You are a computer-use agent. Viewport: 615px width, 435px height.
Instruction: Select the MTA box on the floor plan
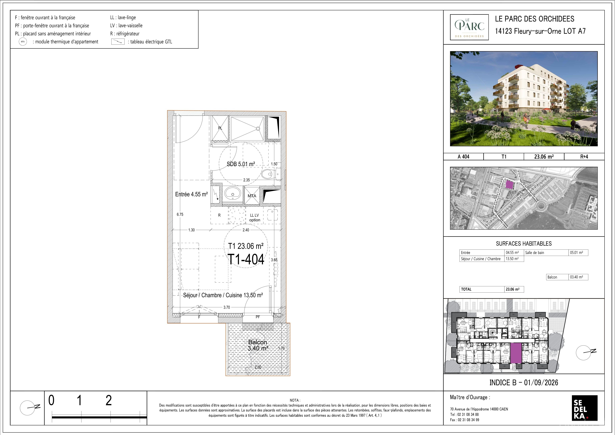(x=252, y=196)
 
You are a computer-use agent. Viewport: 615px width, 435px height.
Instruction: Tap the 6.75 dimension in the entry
(x=180, y=214)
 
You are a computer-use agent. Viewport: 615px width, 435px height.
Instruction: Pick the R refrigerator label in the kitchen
(x=219, y=215)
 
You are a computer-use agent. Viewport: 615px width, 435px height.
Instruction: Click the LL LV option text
(x=255, y=218)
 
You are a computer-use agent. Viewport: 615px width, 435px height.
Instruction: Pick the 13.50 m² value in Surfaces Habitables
(x=514, y=259)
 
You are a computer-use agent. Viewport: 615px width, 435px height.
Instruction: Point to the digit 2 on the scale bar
(x=108, y=400)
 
